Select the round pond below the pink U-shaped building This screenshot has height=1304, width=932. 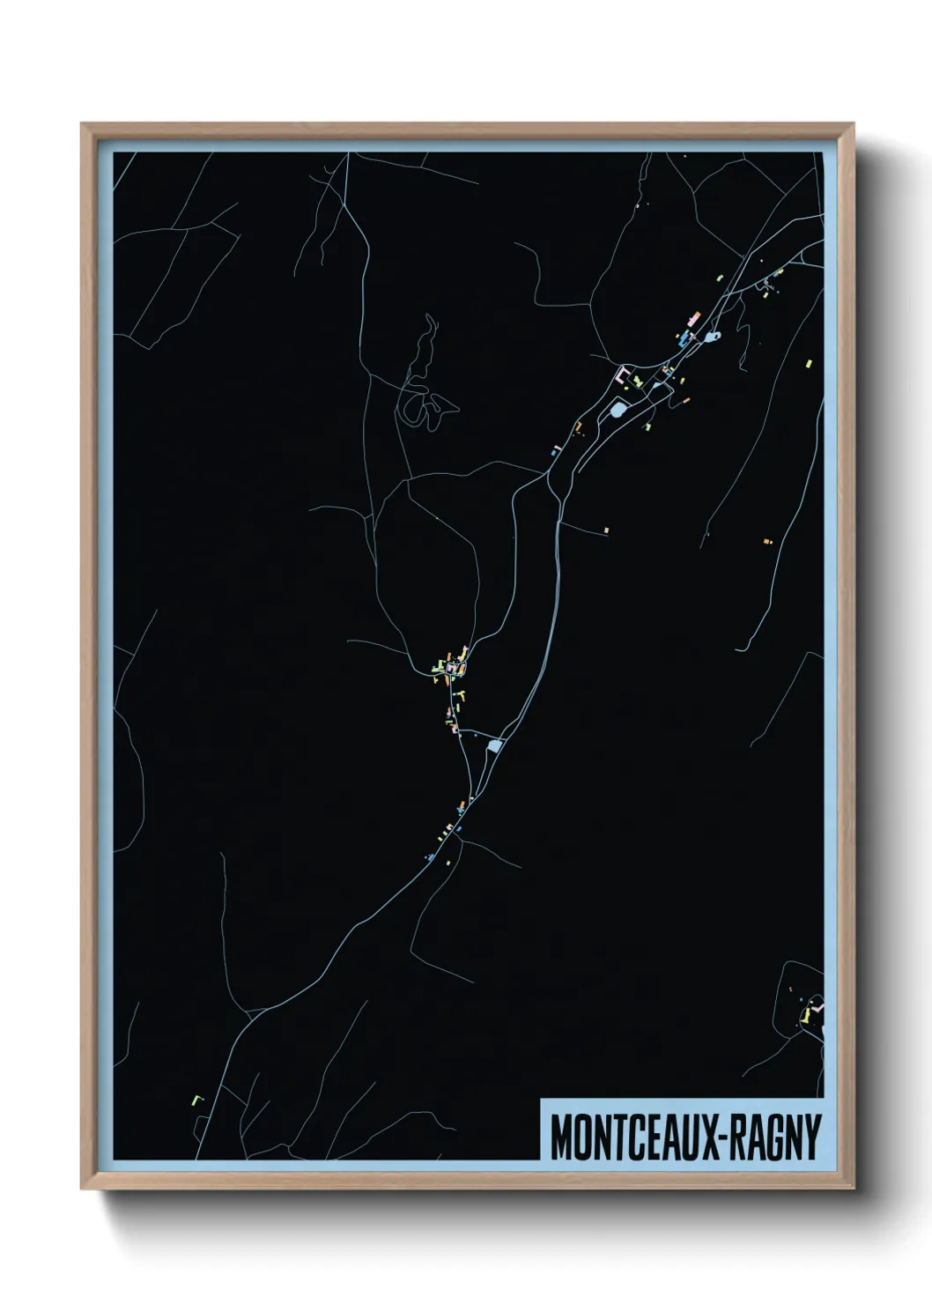coord(618,409)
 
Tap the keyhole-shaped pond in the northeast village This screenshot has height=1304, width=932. coord(713,336)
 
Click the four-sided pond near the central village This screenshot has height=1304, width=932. coord(494,746)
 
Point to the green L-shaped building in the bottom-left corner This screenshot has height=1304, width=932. coord(196,1099)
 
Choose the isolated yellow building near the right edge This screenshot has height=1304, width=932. coord(809,360)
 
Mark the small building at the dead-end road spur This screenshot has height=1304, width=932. coord(606,530)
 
